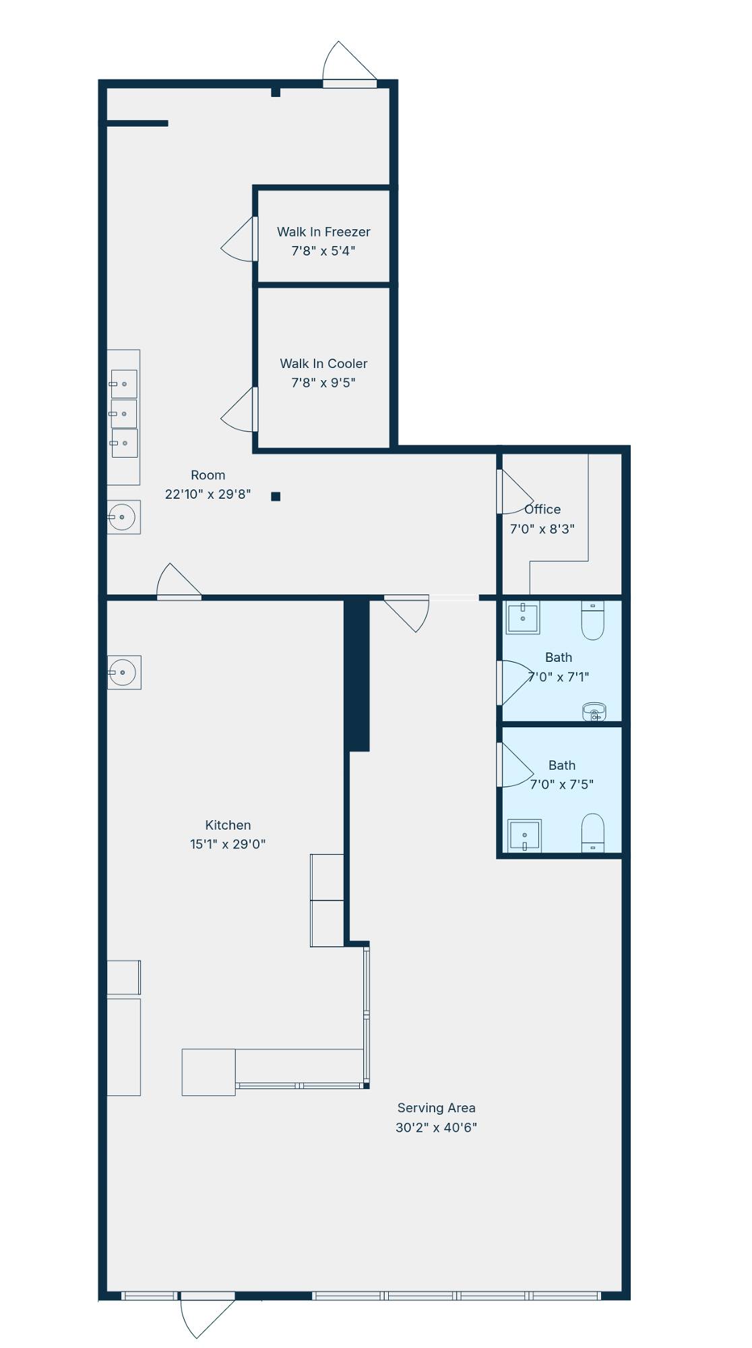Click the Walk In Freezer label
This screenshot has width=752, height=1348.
(x=323, y=232)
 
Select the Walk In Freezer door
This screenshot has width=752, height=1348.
(x=239, y=239)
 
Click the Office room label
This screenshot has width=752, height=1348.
(x=542, y=510)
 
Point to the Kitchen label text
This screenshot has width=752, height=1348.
(x=228, y=825)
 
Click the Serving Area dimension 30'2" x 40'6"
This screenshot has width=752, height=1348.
(x=436, y=1128)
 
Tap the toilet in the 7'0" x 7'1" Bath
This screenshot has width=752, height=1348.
(x=592, y=620)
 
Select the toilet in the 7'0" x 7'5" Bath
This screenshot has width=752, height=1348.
(x=592, y=833)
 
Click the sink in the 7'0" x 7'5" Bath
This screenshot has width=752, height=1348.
(x=524, y=836)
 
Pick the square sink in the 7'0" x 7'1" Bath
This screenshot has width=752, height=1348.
(x=523, y=617)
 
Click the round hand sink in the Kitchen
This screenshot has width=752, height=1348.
(x=124, y=673)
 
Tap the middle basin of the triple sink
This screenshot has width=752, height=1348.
(x=124, y=414)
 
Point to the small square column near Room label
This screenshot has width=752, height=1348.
(x=276, y=497)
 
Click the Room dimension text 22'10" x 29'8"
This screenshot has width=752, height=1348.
(x=208, y=494)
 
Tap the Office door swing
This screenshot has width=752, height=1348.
(x=515, y=491)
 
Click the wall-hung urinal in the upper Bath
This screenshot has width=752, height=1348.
(x=594, y=712)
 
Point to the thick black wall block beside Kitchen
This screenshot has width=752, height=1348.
(x=357, y=674)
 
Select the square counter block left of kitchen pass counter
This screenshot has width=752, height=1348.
(x=209, y=1072)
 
